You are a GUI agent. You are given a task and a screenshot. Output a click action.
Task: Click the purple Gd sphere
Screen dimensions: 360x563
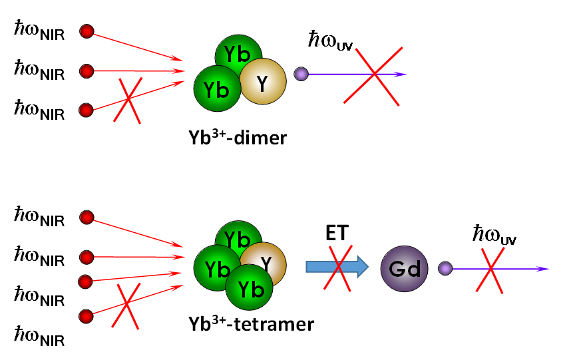(404, 269)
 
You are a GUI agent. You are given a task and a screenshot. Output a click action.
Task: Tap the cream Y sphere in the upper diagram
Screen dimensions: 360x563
(263, 81)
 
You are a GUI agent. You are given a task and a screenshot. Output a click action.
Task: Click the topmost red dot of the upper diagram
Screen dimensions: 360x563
(87, 31)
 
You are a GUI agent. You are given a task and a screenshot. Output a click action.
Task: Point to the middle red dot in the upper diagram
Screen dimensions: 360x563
(87, 71)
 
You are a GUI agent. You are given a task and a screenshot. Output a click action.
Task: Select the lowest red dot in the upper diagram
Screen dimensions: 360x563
(86, 110)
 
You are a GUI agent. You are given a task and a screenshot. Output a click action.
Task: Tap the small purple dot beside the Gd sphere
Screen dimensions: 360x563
(445, 268)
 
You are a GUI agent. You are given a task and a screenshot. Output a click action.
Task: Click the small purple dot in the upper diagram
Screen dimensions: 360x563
(301, 74)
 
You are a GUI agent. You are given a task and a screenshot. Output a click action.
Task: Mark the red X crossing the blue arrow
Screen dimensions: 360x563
(338, 268)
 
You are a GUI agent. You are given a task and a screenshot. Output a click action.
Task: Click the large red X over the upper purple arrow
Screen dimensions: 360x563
(374, 75)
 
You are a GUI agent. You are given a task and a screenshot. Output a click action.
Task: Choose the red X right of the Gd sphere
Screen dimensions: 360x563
(490, 270)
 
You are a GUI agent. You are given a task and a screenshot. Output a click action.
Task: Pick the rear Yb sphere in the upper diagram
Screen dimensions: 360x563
(239, 53)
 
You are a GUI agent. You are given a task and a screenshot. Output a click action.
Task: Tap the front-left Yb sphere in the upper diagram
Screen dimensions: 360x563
(217, 89)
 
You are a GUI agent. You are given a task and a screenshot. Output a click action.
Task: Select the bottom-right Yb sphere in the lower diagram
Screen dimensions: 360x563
(249, 287)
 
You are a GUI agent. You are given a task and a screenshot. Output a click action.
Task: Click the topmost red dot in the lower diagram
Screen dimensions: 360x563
(87, 218)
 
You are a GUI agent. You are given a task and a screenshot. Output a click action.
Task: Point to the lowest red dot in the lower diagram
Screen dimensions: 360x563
(86, 317)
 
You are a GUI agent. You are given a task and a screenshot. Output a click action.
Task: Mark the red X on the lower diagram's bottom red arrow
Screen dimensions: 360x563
(126, 305)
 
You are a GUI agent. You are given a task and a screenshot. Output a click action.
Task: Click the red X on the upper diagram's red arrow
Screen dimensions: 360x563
(127, 100)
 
